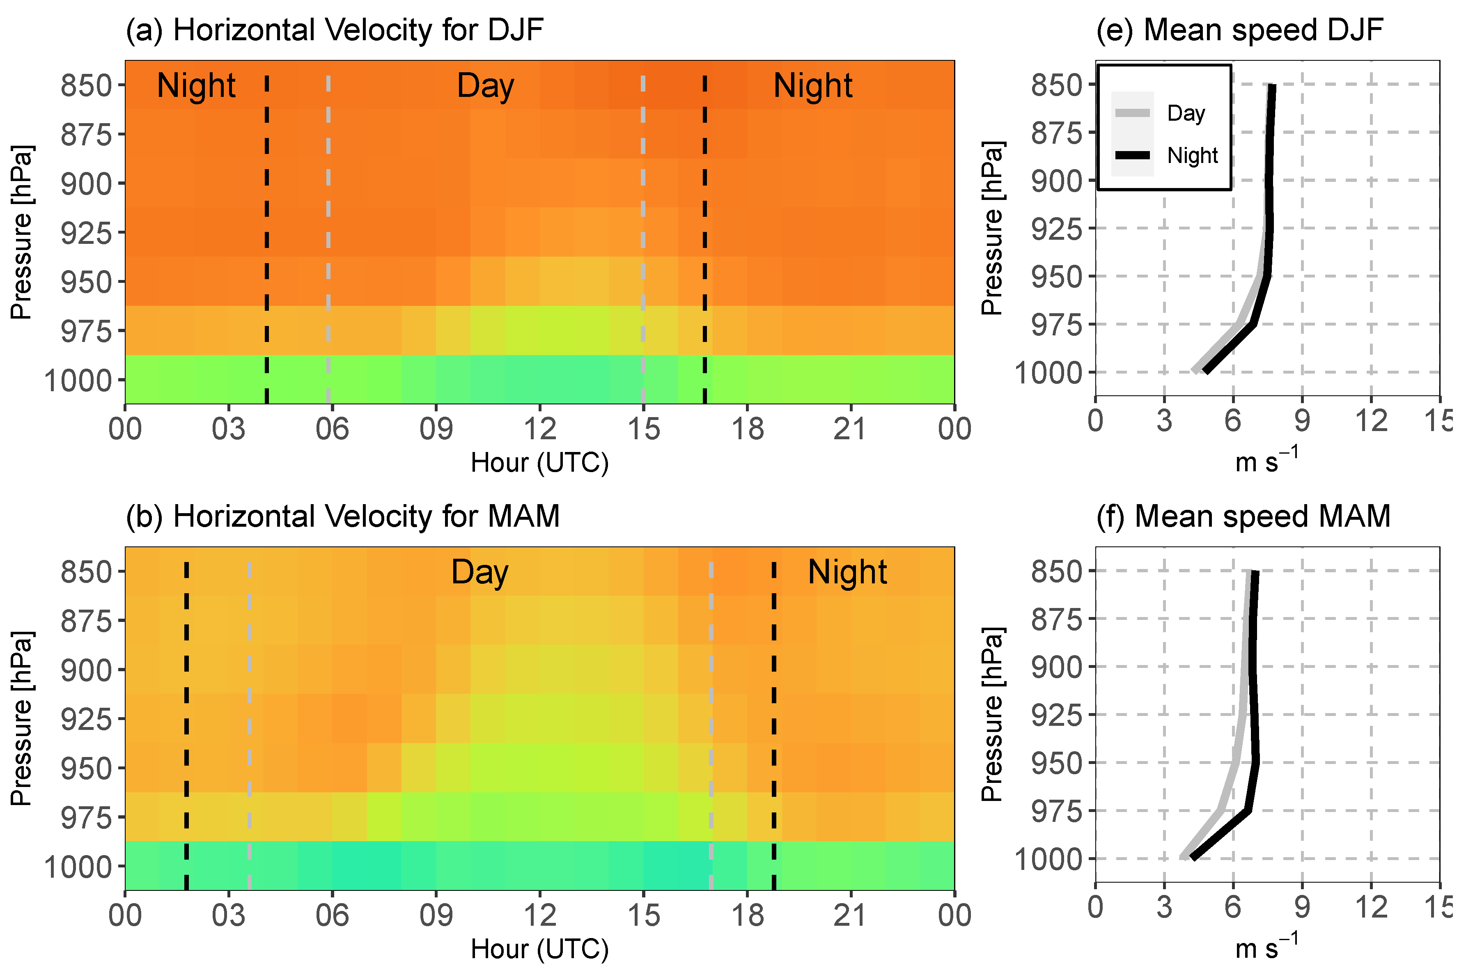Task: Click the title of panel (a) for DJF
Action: pos(335,30)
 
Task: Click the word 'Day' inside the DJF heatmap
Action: pos(486,86)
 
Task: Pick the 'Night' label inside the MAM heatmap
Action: pos(847,571)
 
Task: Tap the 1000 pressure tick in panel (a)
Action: pos(78,381)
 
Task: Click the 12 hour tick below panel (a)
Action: pos(540,429)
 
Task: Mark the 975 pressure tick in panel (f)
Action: pos(1057,811)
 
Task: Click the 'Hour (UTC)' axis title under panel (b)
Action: pos(540,949)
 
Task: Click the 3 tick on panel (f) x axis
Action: pos(1165,907)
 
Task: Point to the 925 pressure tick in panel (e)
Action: pos(1057,229)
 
